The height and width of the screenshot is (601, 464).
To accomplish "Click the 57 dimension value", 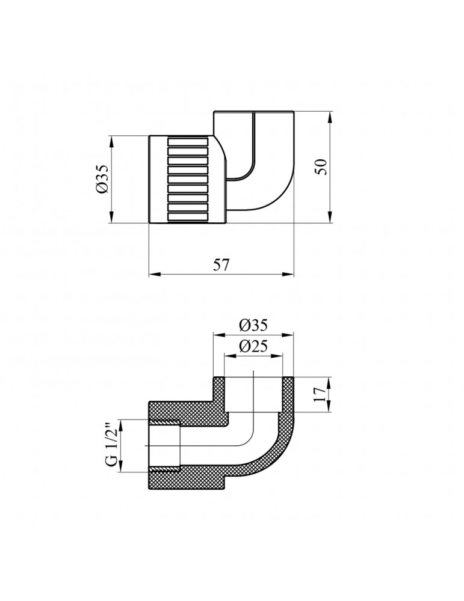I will point(221,265).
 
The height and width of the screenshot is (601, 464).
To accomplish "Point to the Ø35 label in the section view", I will point(253,325).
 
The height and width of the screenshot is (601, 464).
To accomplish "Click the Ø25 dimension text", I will point(253,347).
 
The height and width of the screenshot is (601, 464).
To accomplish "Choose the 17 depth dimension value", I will point(320,394).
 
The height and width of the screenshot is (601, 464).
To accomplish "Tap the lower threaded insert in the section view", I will point(165,468).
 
